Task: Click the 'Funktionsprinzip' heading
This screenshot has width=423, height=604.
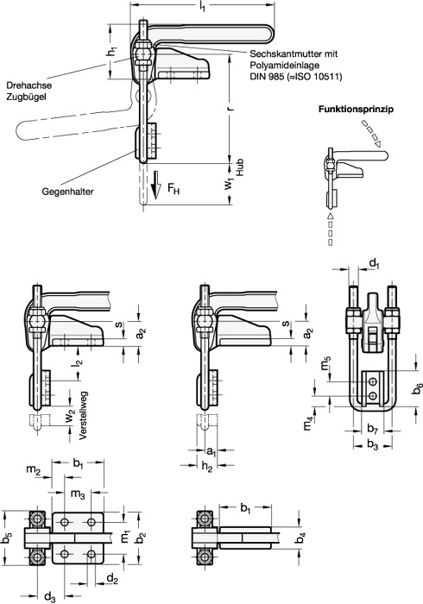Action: pos(356,110)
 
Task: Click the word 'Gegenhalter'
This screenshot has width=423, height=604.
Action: pos(68,192)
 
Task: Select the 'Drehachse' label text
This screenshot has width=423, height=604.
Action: pos(28,85)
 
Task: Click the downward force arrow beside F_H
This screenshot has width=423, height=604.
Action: pos(155,186)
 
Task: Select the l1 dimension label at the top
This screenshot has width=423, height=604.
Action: pos(201,7)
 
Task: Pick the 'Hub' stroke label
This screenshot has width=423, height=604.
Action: pos(240,168)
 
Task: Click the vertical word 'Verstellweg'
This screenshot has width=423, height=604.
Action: pos(84,415)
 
